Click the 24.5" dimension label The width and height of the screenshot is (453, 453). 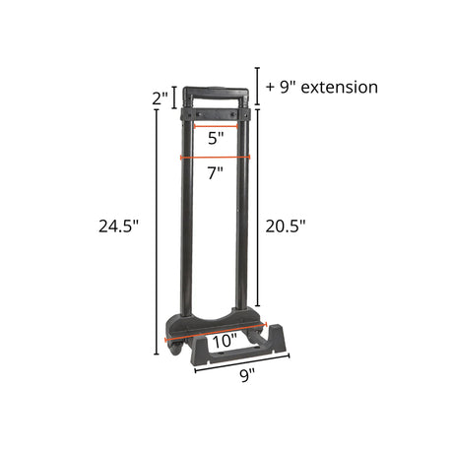(x=119, y=226)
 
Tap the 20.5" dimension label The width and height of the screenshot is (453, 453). (x=286, y=226)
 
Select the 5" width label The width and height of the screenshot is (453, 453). (x=216, y=138)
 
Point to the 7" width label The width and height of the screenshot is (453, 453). (x=216, y=172)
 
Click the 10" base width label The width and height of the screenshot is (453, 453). (x=226, y=341)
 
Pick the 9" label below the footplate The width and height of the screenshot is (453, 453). (x=247, y=375)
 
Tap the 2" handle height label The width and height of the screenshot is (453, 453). (x=160, y=97)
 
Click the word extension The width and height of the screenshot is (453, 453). (x=340, y=88)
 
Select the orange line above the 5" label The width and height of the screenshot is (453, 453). (x=216, y=126)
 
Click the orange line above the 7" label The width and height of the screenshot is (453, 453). (x=216, y=158)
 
